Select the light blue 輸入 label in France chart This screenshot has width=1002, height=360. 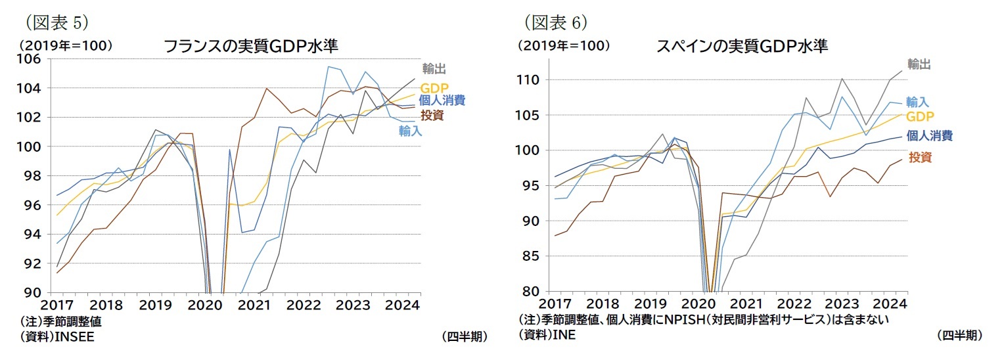(x=410, y=131)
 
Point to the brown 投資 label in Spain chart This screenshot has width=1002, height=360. (x=920, y=157)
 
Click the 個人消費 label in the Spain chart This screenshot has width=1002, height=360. (x=929, y=136)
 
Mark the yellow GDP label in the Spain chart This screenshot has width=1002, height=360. (x=919, y=116)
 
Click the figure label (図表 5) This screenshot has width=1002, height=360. (x=56, y=22)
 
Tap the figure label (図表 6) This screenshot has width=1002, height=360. (x=555, y=22)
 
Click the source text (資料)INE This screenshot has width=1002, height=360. (x=547, y=335)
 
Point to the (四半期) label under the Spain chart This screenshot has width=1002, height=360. (x=960, y=335)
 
